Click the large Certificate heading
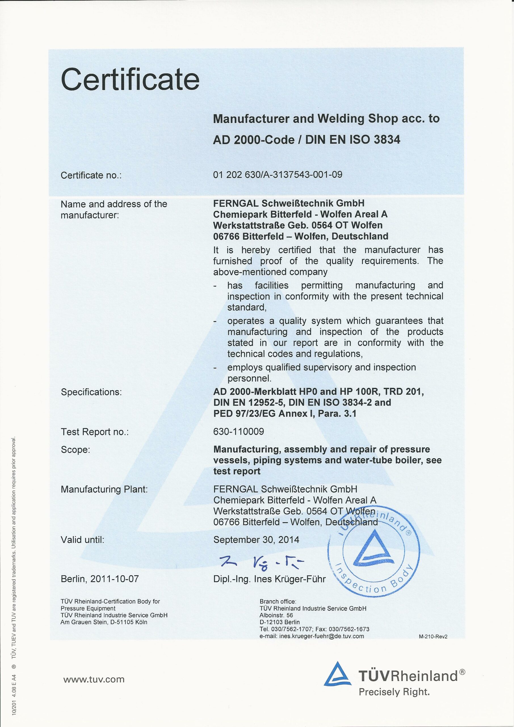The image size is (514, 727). click(x=130, y=80)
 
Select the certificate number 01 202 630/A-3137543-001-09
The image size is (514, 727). click(x=278, y=174)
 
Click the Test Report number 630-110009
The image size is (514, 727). click(x=239, y=432)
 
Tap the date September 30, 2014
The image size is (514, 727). click(x=256, y=540)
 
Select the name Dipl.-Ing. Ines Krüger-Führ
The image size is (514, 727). click(x=269, y=579)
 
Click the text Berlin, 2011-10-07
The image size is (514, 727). click(x=100, y=579)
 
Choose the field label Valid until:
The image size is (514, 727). click(x=82, y=540)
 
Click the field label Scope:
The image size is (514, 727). click(x=75, y=450)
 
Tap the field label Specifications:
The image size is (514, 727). click(x=91, y=392)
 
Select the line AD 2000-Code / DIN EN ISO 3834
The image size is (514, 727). click(x=306, y=139)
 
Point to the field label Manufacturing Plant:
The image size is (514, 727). click(x=104, y=489)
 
